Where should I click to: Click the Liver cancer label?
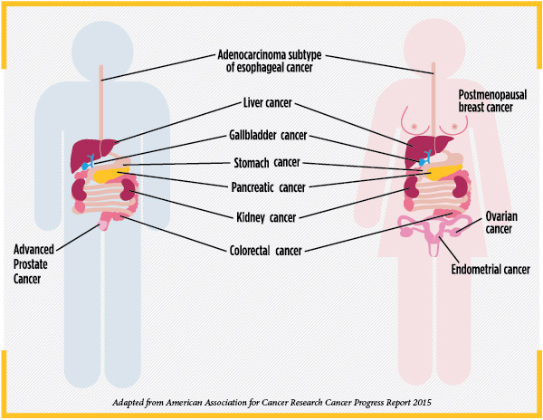[x=271, y=105]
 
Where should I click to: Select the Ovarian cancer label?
[x=500, y=224]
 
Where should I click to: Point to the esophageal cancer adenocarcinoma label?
[x=271, y=59]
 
